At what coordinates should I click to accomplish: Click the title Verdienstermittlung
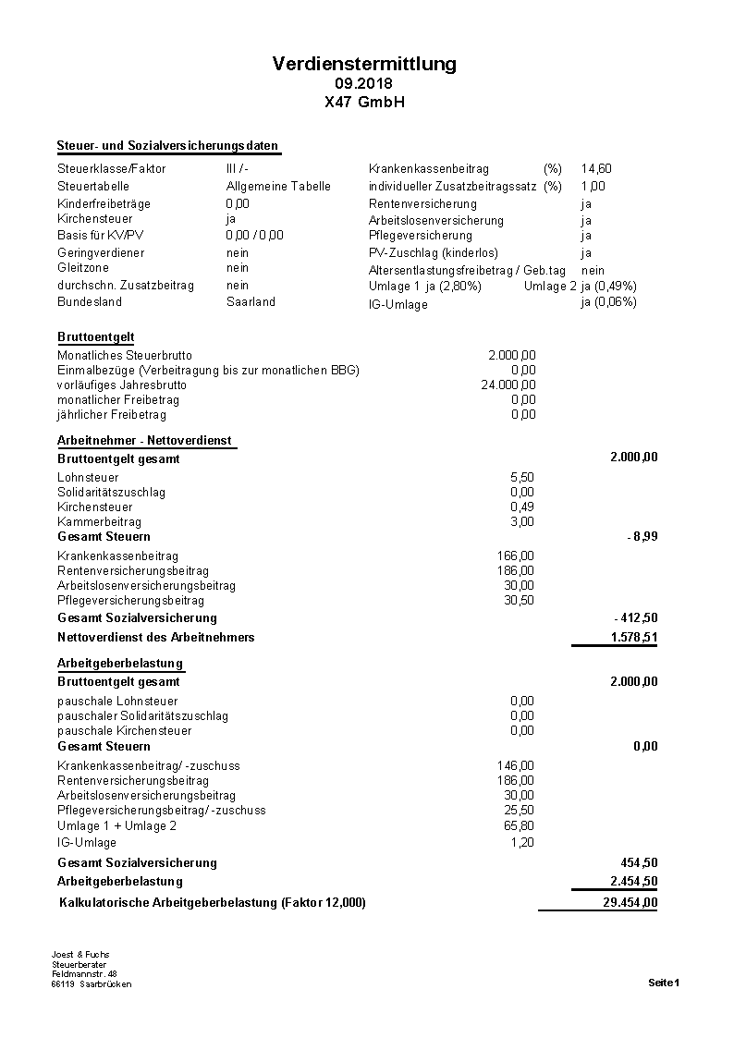click(364, 64)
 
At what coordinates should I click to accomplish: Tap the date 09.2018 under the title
click(364, 84)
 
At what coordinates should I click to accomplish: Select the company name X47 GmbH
click(364, 102)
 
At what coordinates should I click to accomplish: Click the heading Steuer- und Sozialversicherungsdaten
click(167, 146)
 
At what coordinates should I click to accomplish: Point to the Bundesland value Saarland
click(251, 302)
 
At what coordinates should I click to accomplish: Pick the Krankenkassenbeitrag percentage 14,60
click(596, 169)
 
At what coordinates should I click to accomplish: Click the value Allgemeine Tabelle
click(278, 186)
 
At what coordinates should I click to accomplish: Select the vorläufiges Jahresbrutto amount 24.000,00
click(508, 385)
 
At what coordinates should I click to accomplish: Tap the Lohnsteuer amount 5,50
click(522, 477)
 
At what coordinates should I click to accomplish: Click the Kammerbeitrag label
click(99, 522)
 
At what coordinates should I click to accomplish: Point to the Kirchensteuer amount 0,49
click(522, 507)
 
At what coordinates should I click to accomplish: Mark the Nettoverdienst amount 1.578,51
click(634, 638)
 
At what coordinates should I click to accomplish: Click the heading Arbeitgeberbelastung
click(120, 664)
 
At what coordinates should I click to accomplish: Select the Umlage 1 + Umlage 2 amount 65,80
click(519, 825)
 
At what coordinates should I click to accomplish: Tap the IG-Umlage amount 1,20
click(522, 842)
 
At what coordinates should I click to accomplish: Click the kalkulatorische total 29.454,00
click(630, 903)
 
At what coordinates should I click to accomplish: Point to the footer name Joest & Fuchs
click(80, 955)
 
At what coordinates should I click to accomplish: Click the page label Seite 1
click(664, 983)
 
